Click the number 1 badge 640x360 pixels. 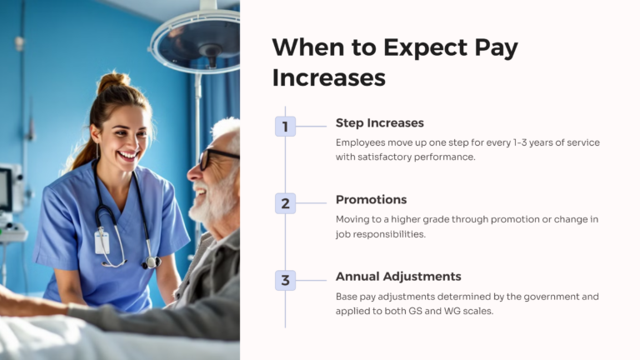[285, 127]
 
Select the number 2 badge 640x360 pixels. [285, 203]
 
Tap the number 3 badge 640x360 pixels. [285, 280]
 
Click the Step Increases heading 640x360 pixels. [379, 122]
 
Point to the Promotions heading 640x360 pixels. [371, 199]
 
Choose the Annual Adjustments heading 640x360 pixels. [398, 276]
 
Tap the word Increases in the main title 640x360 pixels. [328, 77]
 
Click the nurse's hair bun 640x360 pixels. [114, 82]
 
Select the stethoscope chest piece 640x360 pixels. [152, 262]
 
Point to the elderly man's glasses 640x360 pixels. [216, 157]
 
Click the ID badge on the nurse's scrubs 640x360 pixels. [102, 242]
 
